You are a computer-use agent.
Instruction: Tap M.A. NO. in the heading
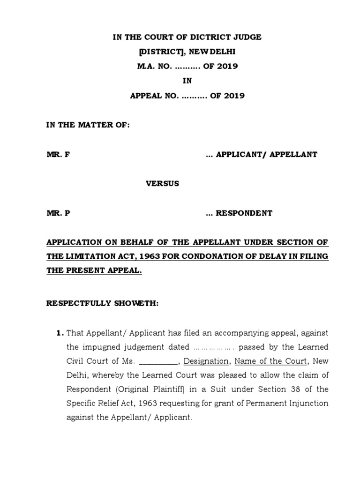point(153,66)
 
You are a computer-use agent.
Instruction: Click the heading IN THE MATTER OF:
point(87,125)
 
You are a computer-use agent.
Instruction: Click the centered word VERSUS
point(162,184)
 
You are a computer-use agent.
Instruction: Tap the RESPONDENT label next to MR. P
point(243,213)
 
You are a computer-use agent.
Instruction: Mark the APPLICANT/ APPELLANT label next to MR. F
point(266,154)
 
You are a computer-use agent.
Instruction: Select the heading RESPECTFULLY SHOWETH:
point(103,303)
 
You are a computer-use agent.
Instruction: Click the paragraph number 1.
point(59,333)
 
